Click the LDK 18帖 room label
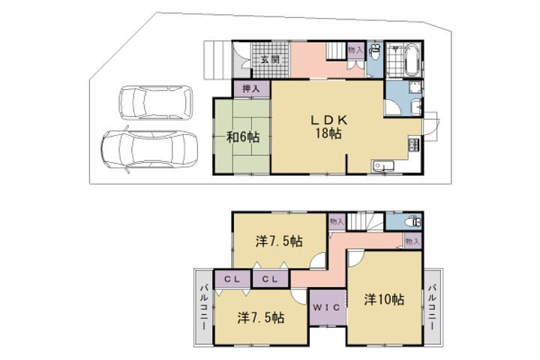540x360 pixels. click(329, 127)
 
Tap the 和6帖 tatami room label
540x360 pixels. click(243, 137)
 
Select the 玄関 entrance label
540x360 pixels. click(270, 59)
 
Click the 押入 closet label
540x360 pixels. click(250, 88)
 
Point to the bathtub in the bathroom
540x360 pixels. click(411, 61)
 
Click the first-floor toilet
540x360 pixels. click(375, 53)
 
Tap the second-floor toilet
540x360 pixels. click(412, 222)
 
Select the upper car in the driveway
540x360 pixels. click(156, 102)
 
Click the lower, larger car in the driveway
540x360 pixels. click(149, 148)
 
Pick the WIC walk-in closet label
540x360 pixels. click(326, 307)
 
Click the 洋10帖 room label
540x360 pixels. click(384, 300)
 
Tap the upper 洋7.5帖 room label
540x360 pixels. click(279, 241)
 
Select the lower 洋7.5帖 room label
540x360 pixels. click(261, 317)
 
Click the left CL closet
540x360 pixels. click(232, 280)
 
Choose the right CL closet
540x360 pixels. click(270, 280)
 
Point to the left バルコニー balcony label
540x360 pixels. click(204, 307)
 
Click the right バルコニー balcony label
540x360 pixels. click(433, 307)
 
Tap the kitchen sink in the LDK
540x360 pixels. click(383, 166)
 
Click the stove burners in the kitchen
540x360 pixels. click(414, 144)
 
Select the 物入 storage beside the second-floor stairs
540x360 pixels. click(337, 221)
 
